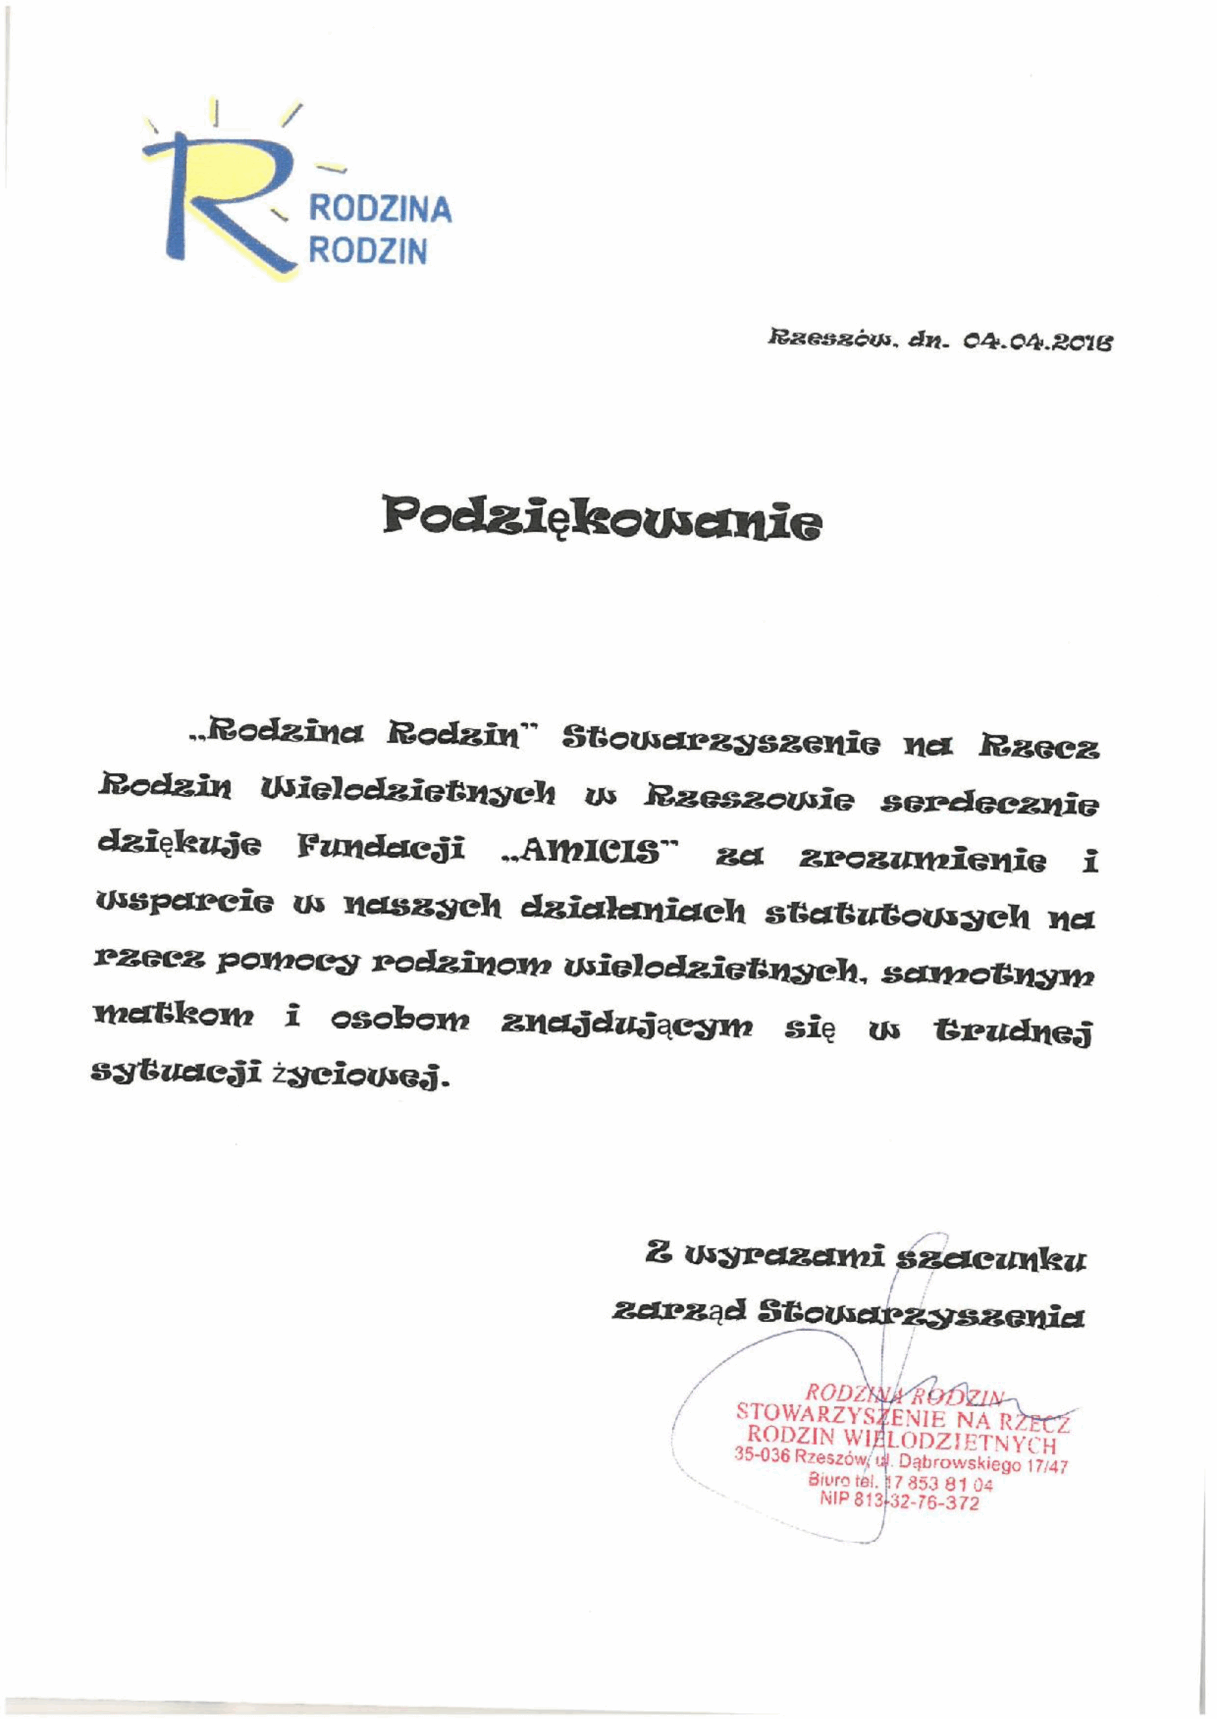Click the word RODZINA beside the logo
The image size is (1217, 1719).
[x=381, y=210]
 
